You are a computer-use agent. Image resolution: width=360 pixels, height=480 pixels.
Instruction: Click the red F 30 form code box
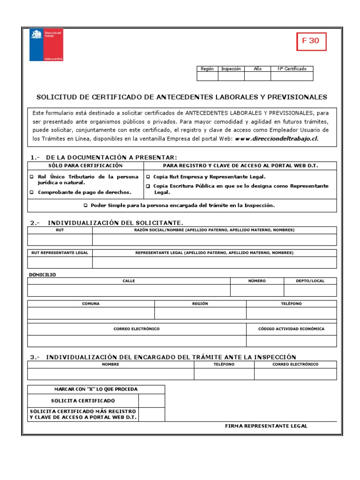coord(311,41)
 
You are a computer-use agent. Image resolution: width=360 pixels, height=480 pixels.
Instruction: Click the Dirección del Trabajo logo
coord(46,45)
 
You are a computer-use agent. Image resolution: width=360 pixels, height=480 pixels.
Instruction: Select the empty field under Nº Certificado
coord(292,76)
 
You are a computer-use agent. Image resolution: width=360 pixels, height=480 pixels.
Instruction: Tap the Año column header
coord(257,69)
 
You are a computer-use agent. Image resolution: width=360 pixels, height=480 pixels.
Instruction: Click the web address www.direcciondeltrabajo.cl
coord(277,139)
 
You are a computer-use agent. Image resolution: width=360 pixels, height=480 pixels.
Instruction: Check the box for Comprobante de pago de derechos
coord(32,192)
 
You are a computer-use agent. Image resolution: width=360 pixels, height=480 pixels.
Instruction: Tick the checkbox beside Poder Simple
coord(85,205)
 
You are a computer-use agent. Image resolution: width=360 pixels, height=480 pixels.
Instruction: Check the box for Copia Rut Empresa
coord(148,177)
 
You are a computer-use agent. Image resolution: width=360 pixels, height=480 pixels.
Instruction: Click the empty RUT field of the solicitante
coord(60,240)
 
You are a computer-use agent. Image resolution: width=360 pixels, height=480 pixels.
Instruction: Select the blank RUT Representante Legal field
coord(60,262)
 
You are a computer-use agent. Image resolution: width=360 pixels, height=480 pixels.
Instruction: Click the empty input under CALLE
coord(128,290)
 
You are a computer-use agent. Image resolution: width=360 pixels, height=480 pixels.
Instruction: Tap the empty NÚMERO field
coord(256,290)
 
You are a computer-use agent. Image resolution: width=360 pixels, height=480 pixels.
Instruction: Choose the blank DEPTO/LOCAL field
coord(310,290)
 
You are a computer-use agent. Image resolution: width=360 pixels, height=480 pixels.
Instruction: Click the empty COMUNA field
coord(91,313)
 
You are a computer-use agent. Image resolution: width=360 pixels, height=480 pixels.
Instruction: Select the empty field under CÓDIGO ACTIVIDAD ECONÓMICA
coord(291,341)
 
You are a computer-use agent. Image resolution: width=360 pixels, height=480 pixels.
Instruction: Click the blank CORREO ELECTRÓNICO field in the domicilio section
coord(136,341)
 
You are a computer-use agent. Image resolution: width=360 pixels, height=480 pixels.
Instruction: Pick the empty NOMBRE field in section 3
coord(111,374)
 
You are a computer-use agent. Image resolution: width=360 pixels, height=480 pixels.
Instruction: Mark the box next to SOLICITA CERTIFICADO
coord(151,401)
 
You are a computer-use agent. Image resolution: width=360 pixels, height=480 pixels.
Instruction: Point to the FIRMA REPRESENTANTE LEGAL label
coord(266,426)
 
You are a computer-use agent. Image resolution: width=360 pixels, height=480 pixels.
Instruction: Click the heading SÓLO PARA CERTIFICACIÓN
coord(85,166)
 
